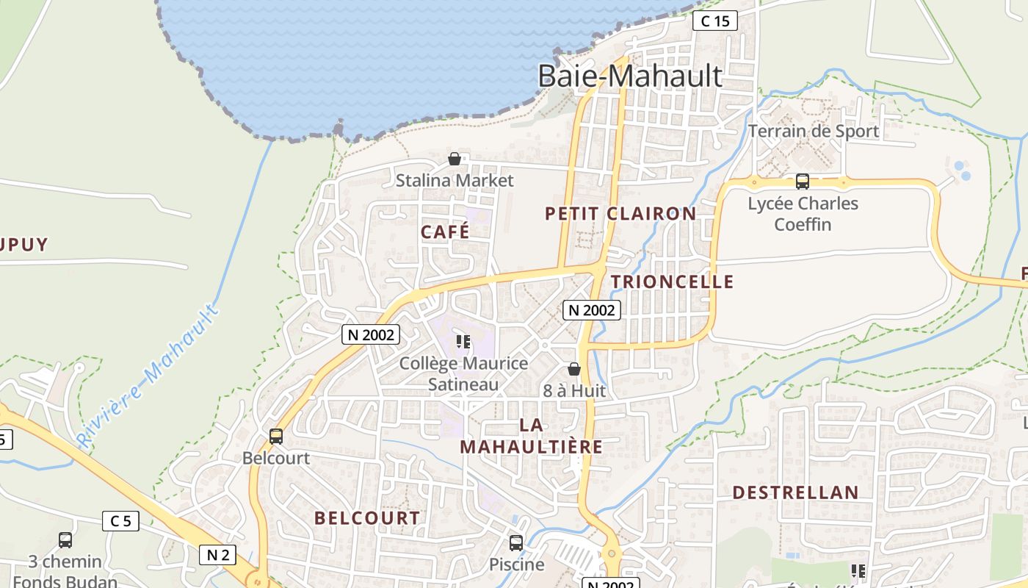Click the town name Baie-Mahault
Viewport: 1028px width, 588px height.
point(630,76)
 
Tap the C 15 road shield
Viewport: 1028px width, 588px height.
point(714,21)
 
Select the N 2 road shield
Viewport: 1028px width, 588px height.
point(217,554)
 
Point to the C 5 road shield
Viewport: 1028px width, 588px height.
point(120,521)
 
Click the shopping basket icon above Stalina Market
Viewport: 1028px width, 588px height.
point(455,159)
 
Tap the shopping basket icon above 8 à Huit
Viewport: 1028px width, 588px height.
point(574,369)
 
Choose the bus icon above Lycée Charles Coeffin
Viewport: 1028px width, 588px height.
point(803,181)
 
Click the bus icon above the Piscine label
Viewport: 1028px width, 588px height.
point(516,543)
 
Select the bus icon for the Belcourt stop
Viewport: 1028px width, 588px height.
point(276,436)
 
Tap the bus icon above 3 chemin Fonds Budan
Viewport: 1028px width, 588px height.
point(65,540)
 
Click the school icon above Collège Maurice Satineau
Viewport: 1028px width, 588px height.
point(463,342)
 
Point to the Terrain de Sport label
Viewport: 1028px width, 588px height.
point(813,131)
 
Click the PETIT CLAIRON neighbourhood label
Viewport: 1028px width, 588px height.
point(620,214)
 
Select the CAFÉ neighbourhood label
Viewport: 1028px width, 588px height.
point(445,232)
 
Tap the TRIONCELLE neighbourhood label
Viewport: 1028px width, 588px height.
point(672,282)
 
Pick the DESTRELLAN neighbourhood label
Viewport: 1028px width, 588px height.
point(795,492)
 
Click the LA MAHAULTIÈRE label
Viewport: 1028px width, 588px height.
point(531,436)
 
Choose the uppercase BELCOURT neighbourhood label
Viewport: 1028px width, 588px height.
point(367,518)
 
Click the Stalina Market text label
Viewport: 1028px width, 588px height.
point(455,180)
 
